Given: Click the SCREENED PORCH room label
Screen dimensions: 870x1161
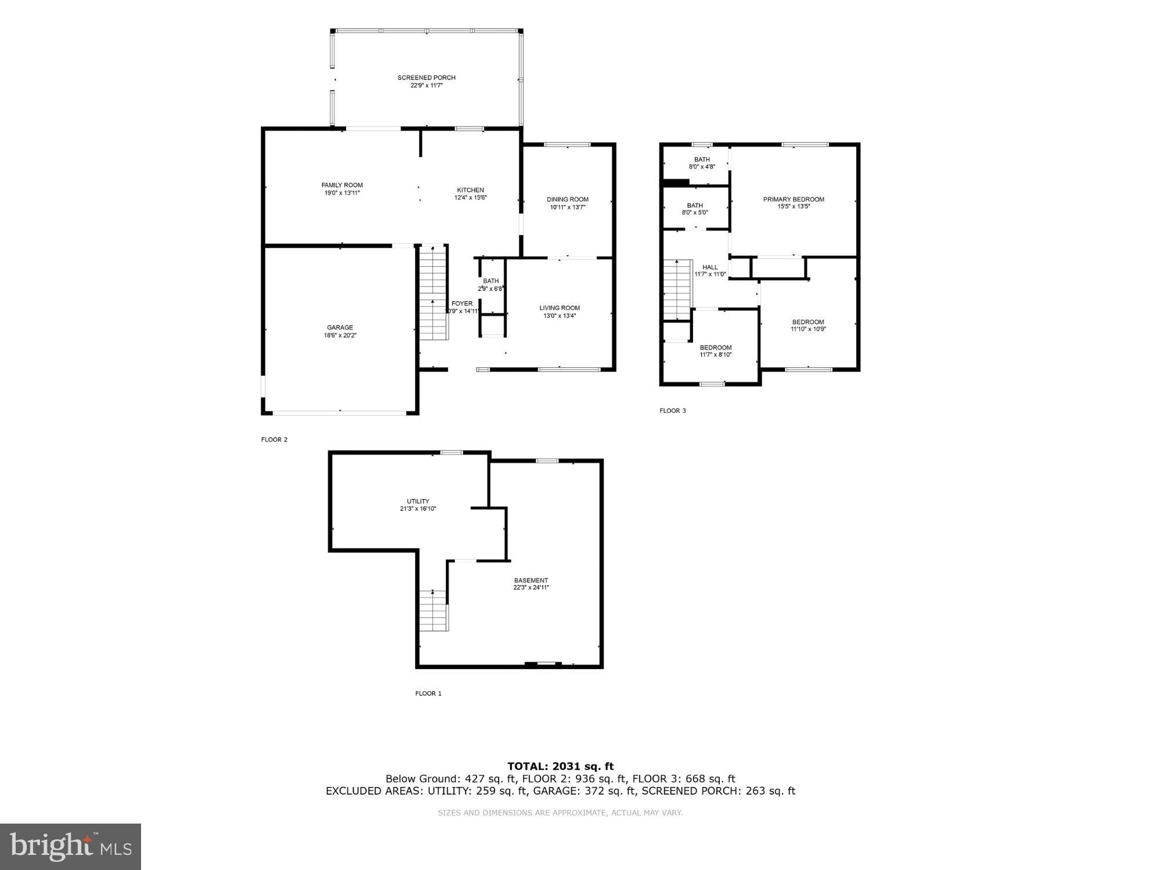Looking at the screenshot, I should tap(426, 78).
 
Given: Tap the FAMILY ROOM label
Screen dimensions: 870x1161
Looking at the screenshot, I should tap(342, 185).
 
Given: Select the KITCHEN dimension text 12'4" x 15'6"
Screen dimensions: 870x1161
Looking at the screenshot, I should tap(470, 197).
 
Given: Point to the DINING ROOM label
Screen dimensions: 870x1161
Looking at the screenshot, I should tap(567, 200).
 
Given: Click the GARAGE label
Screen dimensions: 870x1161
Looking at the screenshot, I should tap(340, 327).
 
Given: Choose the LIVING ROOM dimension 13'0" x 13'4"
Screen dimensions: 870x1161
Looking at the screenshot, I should tap(560, 316).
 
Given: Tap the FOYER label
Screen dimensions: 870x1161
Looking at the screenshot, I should tap(462, 304).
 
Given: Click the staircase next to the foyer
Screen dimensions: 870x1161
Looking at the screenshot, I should tap(434, 294).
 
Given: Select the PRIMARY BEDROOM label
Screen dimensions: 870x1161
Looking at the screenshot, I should tap(793, 199).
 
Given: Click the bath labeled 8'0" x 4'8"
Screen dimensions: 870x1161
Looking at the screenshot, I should tap(702, 163).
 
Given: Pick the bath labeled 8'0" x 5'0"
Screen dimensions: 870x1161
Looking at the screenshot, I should tap(695, 209).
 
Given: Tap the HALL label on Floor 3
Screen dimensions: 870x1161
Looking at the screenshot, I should tap(710, 267).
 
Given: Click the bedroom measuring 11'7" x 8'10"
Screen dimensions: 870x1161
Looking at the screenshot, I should tap(715, 351).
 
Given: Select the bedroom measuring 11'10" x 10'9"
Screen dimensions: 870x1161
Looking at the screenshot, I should tap(808, 326).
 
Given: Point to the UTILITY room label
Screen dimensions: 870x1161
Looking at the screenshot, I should tap(418, 501).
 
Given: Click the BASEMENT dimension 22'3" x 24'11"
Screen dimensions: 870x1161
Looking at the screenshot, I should tap(531, 587).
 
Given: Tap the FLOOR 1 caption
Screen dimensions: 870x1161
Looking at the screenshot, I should tap(428, 693).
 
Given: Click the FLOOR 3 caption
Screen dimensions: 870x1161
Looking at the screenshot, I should tap(672, 410).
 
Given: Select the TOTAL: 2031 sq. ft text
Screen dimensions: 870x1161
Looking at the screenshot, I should tap(560, 766).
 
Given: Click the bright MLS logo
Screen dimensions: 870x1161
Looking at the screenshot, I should tap(70, 846).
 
